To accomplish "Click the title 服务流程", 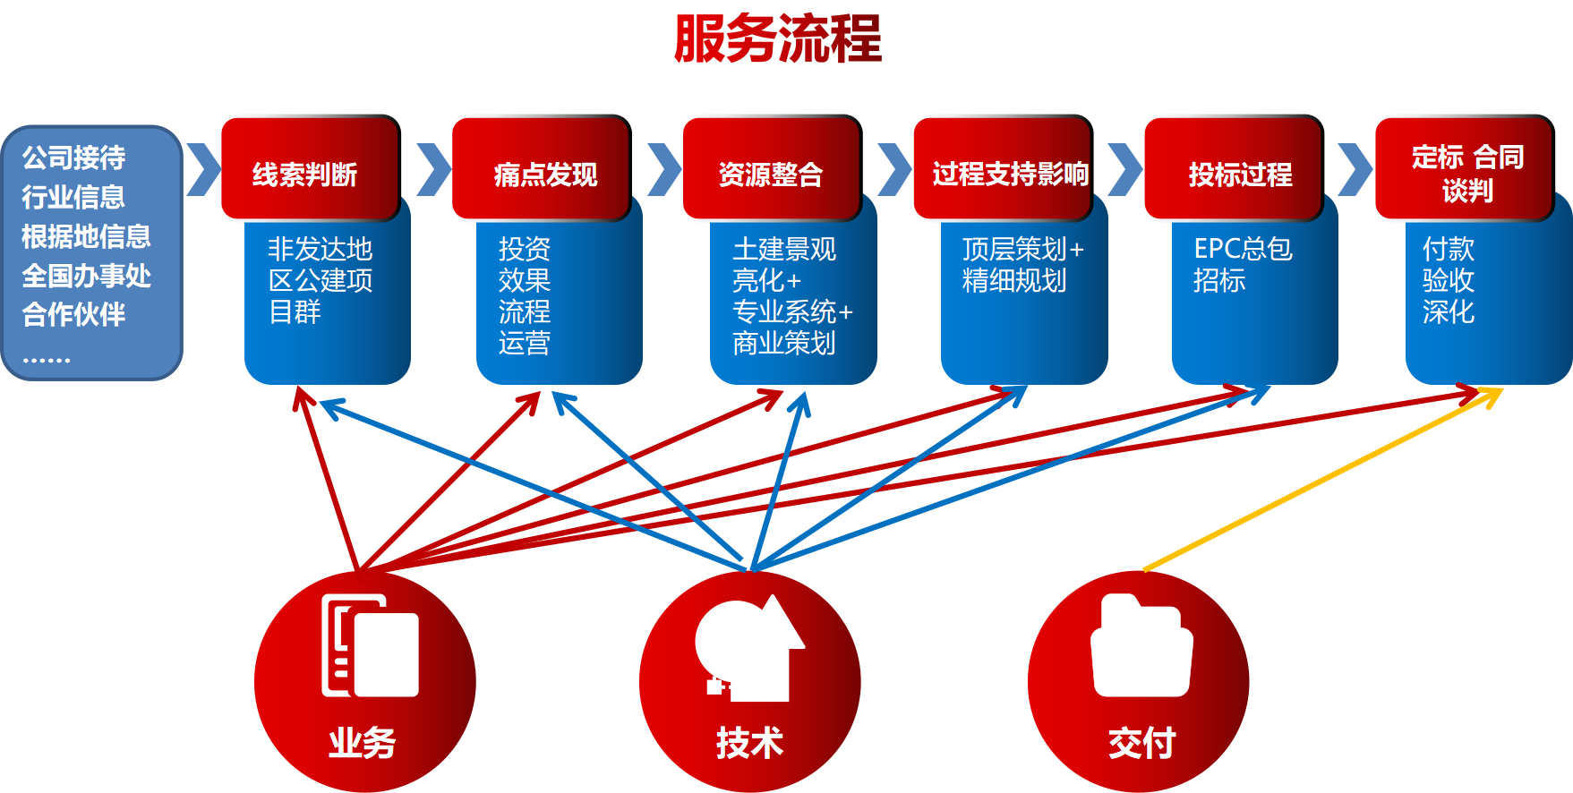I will (778, 39).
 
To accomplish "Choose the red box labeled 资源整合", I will (770, 169).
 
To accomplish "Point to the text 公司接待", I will (73, 158).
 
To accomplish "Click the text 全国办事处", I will (86, 275).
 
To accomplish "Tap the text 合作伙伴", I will (73, 314).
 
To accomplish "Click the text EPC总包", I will (1243, 249).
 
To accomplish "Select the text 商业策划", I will (783, 343).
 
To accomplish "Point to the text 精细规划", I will (1013, 281).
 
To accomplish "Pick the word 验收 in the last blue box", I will (1448, 281).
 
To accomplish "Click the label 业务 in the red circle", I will (362, 742).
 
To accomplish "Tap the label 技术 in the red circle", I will (749, 742).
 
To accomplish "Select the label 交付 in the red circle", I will (1141, 742).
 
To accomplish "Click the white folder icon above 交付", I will (1141, 646).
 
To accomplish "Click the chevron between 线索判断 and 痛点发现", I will (435, 169).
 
